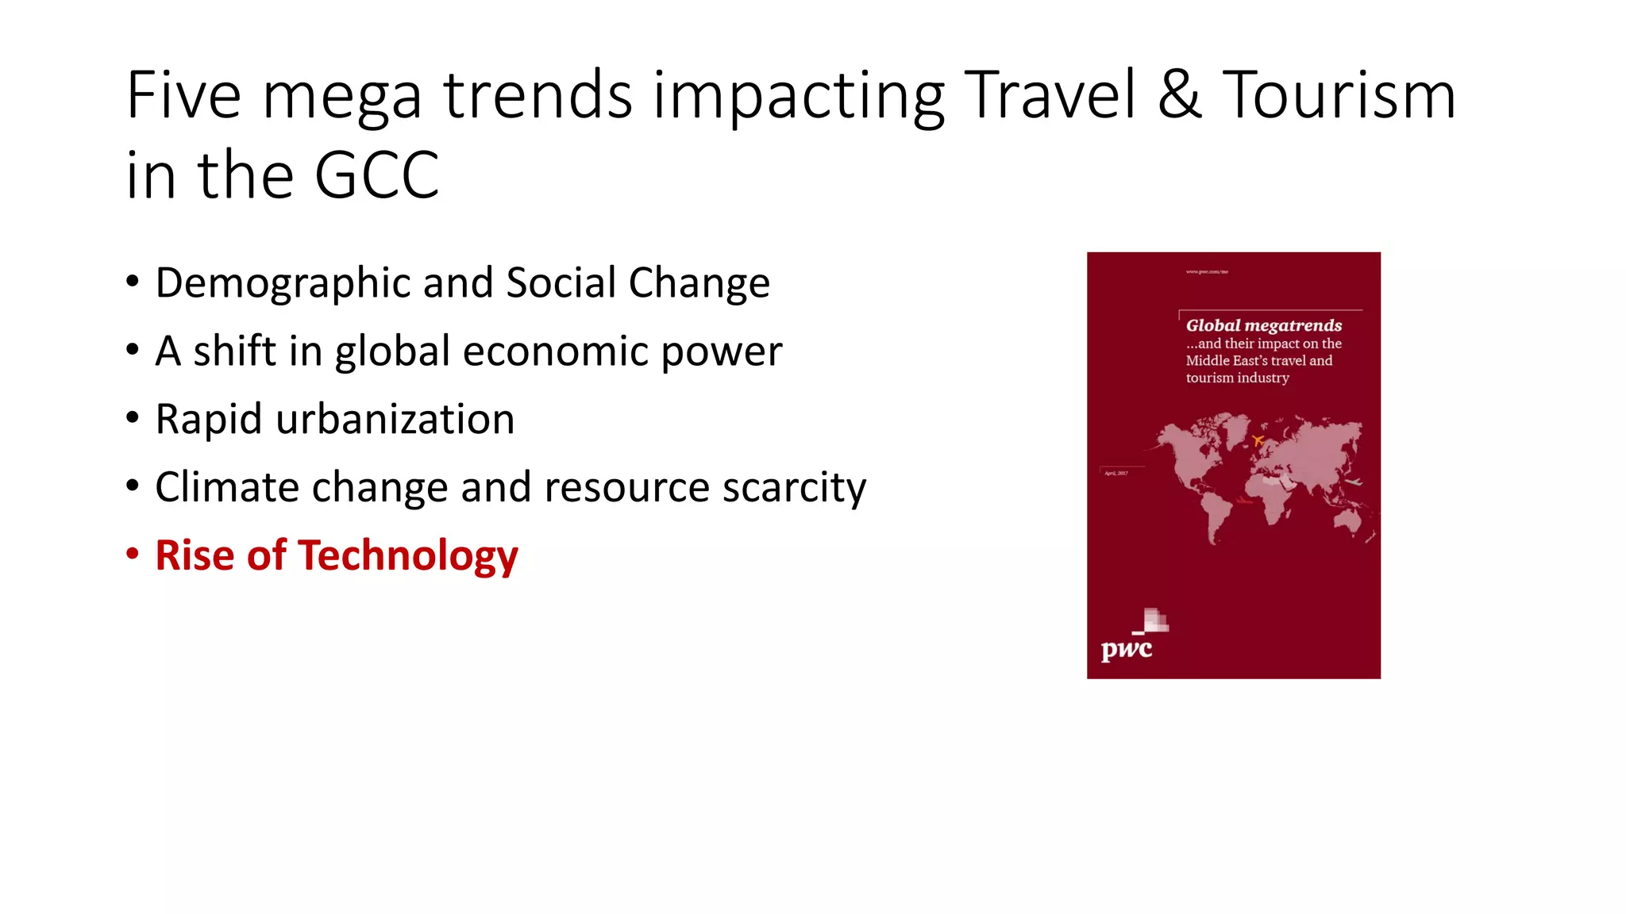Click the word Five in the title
tap(183, 96)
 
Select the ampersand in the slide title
tap(1179, 96)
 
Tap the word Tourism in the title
tap(1339, 96)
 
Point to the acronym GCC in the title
tap(376, 175)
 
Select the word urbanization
tap(395, 419)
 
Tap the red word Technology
tap(407, 555)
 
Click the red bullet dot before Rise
tap(133, 553)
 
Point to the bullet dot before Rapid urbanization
tap(133, 417)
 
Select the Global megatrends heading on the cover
tap(1263, 325)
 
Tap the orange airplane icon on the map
tap(1258, 440)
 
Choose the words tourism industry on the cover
tap(1237, 378)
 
